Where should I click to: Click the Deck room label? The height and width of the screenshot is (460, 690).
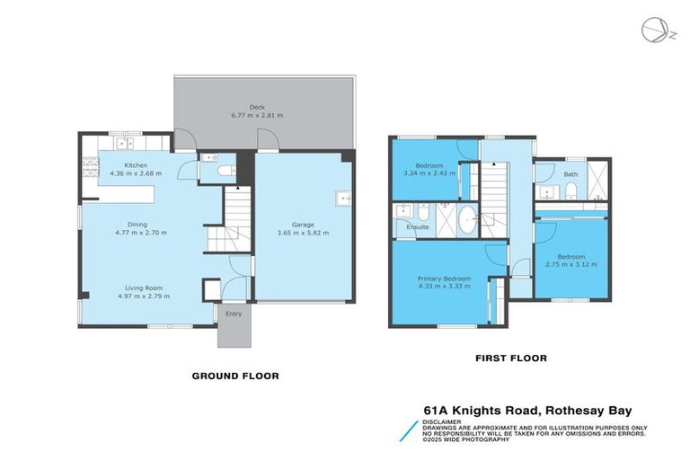(x=257, y=107)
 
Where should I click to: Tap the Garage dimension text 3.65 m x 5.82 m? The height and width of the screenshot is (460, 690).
(x=303, y=233)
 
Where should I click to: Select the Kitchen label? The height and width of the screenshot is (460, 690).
(x=136, y=165)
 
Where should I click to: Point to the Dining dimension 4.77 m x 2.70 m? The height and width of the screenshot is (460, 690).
(x=141, y=233)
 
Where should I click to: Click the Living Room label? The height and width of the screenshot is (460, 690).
(x=144, y=287)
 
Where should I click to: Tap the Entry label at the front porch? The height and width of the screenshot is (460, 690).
(x=234, y=314)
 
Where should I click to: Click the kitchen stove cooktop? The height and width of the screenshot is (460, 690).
(x=90, y=168)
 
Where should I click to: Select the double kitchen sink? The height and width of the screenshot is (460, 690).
(x=125, y=143)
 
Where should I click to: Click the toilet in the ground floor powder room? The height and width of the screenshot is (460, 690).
(x=227, y=171)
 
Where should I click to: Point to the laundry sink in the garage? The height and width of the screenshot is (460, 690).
(x=343, y=199)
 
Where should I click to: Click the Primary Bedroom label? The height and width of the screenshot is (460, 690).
(x=444, y=279)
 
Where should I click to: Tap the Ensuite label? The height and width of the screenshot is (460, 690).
(x=418, y=227)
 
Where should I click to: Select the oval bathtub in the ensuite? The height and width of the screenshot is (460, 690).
(x=467, y=219)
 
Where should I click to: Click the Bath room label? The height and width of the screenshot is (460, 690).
(x=571, y=174)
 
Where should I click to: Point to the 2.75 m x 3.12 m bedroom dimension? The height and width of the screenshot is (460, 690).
(x=571, y=264)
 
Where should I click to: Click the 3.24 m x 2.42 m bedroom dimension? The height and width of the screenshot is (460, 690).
(x=429, y=173)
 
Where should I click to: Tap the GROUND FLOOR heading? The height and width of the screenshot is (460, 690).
(x=235, y=376)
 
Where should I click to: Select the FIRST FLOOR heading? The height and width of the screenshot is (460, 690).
(x=511, y=358)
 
